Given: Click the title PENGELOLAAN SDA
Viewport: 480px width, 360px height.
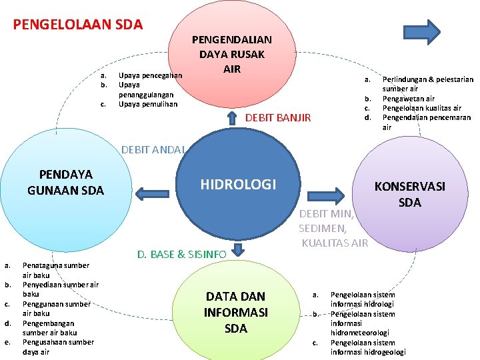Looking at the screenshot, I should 78,25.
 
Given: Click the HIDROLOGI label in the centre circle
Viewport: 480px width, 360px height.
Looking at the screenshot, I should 238,184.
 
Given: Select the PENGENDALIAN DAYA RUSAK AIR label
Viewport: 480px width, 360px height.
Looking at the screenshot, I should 232,54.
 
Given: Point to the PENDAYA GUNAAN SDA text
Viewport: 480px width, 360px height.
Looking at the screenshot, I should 66,183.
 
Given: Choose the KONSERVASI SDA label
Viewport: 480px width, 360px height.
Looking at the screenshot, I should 409,194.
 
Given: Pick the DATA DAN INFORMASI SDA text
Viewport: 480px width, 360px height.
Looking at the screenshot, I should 235,312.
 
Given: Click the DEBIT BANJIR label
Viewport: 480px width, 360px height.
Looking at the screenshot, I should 279,118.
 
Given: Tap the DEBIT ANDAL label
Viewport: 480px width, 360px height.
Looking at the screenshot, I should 153,149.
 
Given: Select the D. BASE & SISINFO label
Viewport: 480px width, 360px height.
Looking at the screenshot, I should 182,254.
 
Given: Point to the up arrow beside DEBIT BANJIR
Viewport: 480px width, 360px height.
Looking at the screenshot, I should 231,118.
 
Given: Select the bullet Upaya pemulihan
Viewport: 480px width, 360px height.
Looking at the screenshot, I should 148,104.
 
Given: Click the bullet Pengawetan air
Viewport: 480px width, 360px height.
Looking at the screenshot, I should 409,99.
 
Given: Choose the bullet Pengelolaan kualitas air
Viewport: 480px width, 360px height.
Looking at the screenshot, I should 421,108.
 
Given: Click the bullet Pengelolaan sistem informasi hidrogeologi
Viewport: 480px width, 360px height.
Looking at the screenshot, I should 368,347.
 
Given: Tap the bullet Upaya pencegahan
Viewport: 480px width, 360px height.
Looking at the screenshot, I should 150,76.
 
